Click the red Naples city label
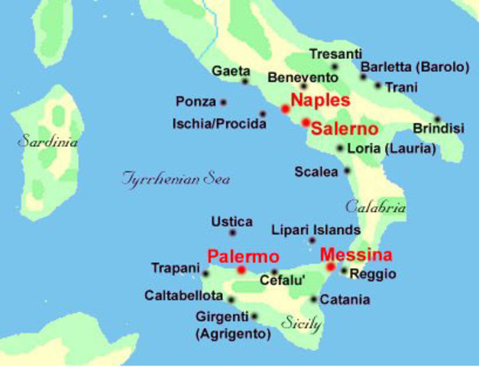pos(321,100)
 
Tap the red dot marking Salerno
pos(306,122)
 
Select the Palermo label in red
pos(243,256)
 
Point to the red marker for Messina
pos(331,267)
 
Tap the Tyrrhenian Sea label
pos(176,179)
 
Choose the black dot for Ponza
pos(224,102)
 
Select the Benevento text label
pos(303,77)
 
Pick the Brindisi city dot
pos(438,119)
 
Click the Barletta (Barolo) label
pos(414,67)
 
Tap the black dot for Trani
pos(378,86)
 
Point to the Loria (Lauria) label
pos(391,148)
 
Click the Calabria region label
pos(375,206)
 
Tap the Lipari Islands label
pos(316,229)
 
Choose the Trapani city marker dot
pos(206,273)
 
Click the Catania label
pos(345,300)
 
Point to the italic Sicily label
pos(301,323)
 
